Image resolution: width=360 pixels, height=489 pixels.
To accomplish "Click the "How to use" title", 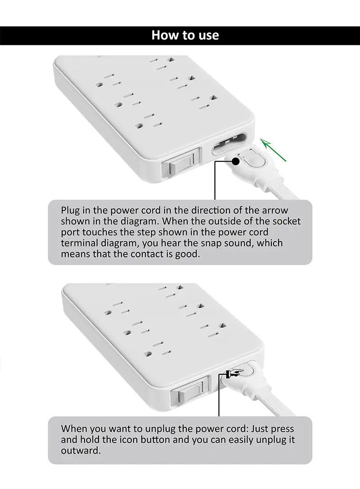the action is [185, 35].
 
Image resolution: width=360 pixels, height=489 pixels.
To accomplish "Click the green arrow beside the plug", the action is [274, 151].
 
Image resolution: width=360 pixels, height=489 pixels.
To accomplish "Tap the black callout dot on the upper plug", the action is [236, 161].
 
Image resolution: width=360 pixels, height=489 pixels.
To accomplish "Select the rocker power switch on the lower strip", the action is [189, 391].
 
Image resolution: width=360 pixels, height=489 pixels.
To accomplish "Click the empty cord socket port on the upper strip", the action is [229, 144].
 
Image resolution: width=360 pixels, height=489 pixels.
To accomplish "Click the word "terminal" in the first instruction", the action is [79, 243].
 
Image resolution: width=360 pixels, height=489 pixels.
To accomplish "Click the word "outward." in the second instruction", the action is [81, 451].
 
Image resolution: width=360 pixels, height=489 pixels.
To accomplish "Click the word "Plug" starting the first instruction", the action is [70, 211].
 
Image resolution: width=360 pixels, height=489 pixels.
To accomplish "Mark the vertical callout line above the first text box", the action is [215, 180].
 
